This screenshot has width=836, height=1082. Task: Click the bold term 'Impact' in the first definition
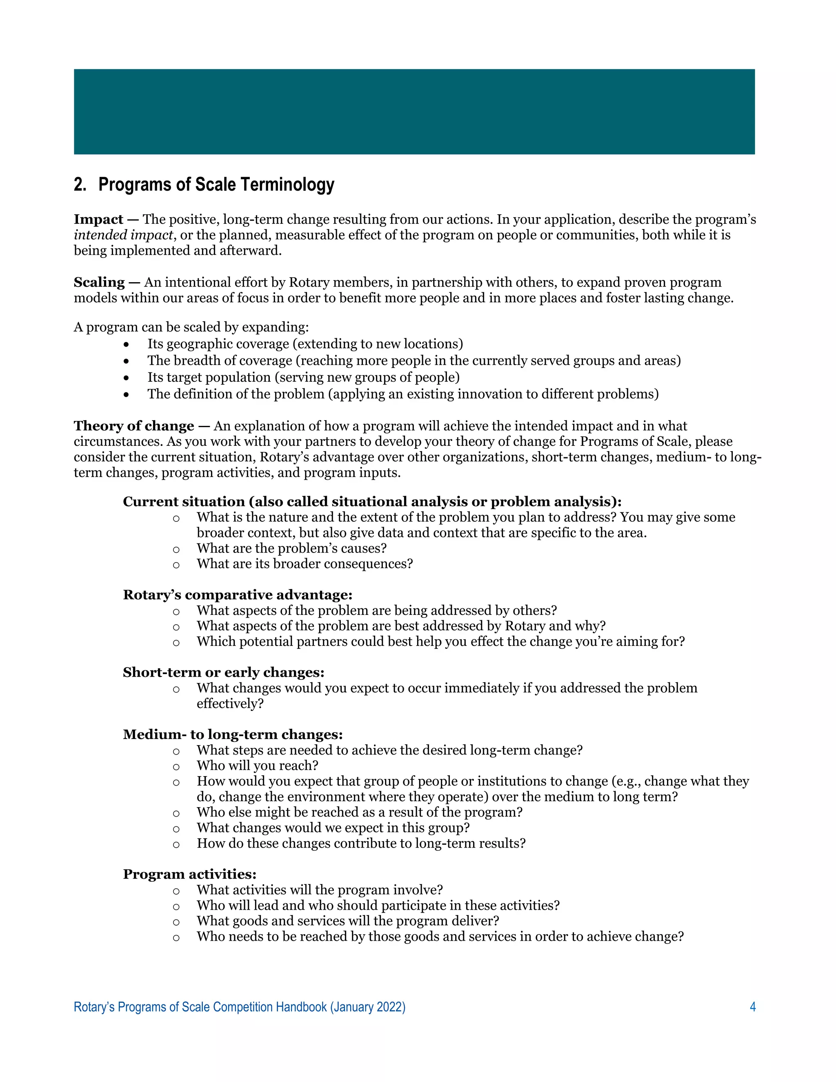pyautogui.click(x=98, y=220)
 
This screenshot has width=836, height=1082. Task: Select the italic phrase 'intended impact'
pyautogui.click(x=123, y=235)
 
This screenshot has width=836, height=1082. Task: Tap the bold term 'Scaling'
pyautogui.click(x=99, y=283)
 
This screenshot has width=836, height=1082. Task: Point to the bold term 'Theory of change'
pyautogui.click(x=134, y=426)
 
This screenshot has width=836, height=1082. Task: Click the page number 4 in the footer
pyautogui.click(x=752, y=1007)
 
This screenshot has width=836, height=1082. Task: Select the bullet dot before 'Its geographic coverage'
pyautogui.click(x=127, y=344)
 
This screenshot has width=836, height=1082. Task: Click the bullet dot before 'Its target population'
pyautogui.click(x=127, y=378)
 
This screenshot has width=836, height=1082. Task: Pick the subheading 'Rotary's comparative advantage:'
pyautogui.click(x=238, y=595)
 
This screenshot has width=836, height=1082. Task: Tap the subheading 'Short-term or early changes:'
pyautogui.click(x=223, y=673)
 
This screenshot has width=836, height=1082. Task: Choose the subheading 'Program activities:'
pyautogui.click(x=190, y=875)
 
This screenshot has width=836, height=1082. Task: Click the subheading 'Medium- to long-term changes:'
pyautogui.click(x=233, y=735)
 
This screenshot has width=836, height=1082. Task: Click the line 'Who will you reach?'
pyautogui.click(x=257, y=766)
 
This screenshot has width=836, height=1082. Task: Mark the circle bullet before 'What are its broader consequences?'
pyautogui.click(x=176, y=565)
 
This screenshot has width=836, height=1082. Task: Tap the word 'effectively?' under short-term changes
pyautogui.click(x=230, y=704)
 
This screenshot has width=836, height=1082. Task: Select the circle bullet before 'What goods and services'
pyautogui.click(x=176, y=922)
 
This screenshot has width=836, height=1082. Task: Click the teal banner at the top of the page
pyautogui.click(x=414, y=111)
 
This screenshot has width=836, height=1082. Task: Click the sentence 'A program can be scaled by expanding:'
pyautogui.click(x=191, y=327)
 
